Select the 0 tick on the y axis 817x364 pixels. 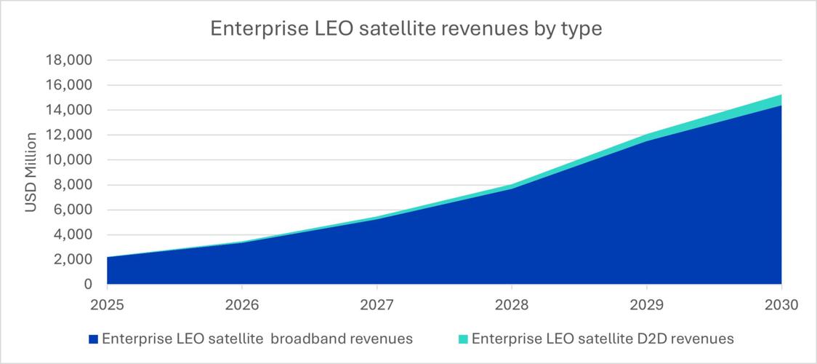88,284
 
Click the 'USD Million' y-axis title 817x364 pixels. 31,173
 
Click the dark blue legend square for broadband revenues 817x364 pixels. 92,339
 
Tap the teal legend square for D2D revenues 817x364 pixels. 462,339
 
